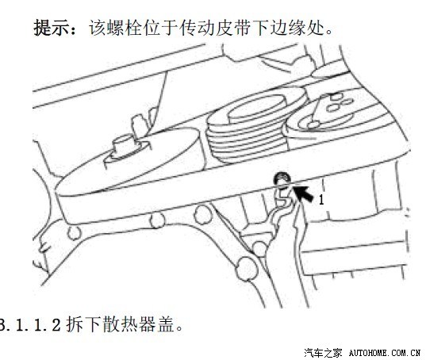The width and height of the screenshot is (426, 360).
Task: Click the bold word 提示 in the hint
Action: (x=51, y=28)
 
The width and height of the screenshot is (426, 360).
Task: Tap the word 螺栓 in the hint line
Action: (x=116, y=28)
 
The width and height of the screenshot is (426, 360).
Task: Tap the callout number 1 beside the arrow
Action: (x=321, y=201)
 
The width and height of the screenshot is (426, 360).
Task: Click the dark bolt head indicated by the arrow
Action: (x=282, y=179)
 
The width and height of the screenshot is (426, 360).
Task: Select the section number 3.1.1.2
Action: (x=29, y=324)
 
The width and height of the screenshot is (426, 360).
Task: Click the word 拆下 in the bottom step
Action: (x=83, y=324)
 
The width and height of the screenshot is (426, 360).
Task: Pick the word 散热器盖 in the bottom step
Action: (x=138, y=324)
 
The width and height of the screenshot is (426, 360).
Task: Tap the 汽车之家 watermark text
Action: (x=323, y=353)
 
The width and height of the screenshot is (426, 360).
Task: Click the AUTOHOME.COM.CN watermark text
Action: (x=385, y=353)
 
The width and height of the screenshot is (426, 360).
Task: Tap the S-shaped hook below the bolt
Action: (x=285, y=197)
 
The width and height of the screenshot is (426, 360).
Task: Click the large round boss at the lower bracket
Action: (x=247, y=268)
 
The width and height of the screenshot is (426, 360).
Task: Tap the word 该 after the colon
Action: (x=97, y=28)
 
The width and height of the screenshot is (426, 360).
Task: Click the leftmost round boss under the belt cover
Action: (x=74, y=233)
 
